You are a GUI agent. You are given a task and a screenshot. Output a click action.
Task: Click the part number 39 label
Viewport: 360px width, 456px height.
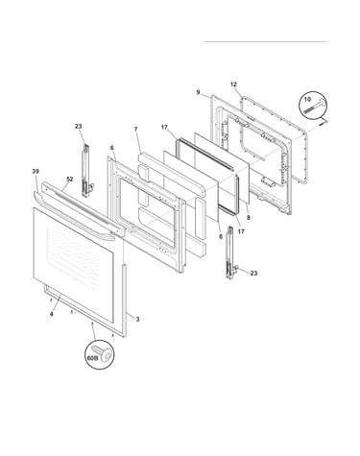pos(36,172)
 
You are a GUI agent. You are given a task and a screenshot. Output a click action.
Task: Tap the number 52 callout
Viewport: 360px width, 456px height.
pos(70,180)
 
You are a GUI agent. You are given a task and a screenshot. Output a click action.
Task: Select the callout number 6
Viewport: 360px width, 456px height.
pos(111,148)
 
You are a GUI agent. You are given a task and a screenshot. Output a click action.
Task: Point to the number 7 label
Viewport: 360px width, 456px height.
pos(135,130)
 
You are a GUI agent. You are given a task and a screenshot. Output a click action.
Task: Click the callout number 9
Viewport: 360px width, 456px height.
pos(198,92)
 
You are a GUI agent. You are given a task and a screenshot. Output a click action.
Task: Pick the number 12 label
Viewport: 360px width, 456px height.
pos(233,84)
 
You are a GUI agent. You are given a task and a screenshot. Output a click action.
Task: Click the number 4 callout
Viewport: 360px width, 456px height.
pos(52,314)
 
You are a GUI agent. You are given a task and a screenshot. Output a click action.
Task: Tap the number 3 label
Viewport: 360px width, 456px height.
pos(137,319)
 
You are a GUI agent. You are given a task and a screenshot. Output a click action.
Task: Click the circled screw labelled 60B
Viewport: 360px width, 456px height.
pos(100,354)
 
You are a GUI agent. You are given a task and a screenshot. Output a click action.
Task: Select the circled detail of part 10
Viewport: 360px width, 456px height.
pos(312,105)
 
